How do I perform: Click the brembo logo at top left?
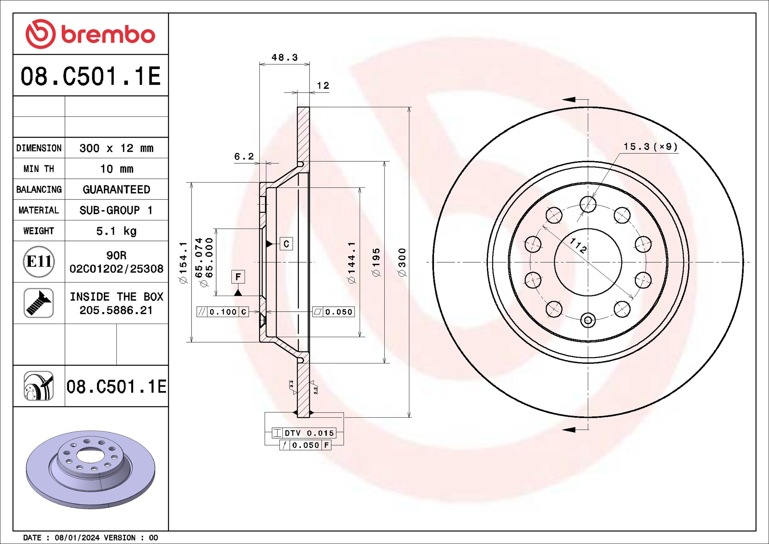tap(90, 34)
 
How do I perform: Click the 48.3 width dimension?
tap(284, 57)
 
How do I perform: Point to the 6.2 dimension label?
tap(244, 156)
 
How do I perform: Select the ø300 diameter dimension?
tap(402, 262)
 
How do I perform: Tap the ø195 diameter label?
tap(376, 262)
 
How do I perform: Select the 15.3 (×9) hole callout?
tap(650, 146)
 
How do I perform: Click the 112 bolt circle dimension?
tap(578, 245)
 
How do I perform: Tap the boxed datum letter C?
tap(286, 244)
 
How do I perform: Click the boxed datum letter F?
tap(238, 277)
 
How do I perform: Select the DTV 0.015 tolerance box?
tap(304, 433)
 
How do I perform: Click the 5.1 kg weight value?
tap(116, 231)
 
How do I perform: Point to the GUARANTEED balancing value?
tap(116, 189)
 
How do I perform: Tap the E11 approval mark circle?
tap(39, 262)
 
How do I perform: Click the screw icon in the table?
tap(39, 303)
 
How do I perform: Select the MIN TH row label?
tap(39, 169)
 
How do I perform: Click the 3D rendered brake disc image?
tap(90, 469)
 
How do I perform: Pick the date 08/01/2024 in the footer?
tap(77, 537)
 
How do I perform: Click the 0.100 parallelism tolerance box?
tap(223, 312)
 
